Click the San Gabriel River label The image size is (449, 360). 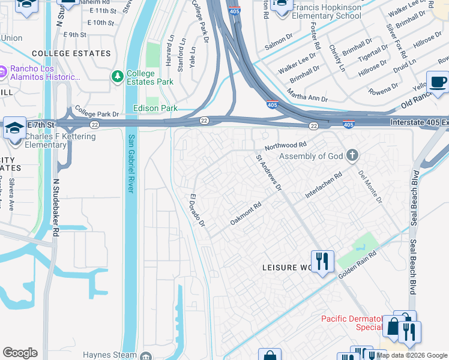(130, 163)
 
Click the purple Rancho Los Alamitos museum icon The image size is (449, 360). (3, 73)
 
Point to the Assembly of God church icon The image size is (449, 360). (352, 156)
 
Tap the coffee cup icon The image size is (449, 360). (437, 82)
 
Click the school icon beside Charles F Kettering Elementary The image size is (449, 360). (14, 127)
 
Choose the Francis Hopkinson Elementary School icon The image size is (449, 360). (280, 5)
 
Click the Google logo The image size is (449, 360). (20, 353)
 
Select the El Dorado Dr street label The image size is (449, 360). (197, 210)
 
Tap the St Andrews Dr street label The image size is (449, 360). (269, 173)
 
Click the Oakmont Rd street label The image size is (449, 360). (246, 214)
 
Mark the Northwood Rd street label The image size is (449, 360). (286, 146)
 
